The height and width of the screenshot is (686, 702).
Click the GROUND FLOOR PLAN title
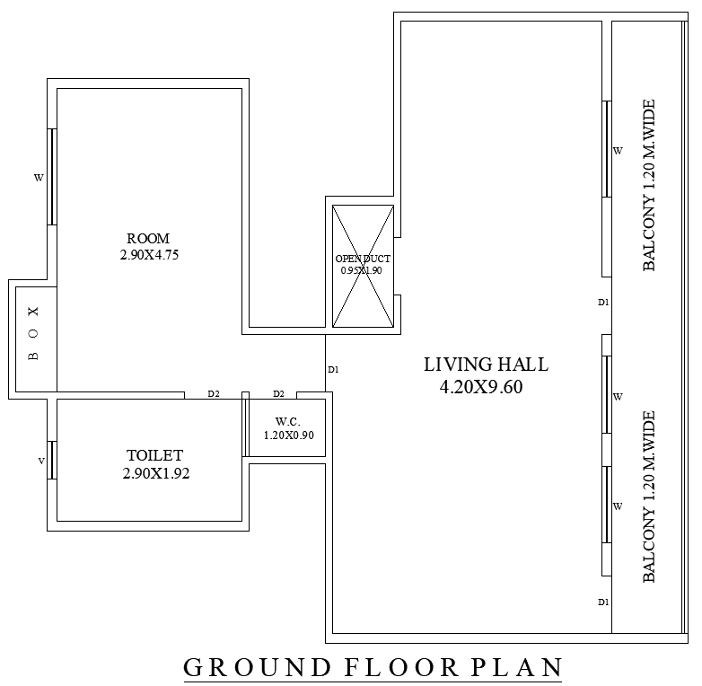click(x=373, y=668)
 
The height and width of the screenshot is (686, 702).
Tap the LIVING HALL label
click(x=486, y=365)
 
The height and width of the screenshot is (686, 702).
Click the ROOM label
click(x=148, y=239)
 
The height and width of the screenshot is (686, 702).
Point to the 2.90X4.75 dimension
click(x=148, y=255)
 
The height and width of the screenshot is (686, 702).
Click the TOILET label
click(x=154, y=456)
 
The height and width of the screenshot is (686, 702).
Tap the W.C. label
click(x=287, y=420)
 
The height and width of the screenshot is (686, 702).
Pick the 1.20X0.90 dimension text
click(x=288, y=435)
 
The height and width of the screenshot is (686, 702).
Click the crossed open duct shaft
click(x=363, y=266)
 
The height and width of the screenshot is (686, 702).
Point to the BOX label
click(x=34, y=333)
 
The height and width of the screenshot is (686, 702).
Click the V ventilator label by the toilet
click(x=40, y=461)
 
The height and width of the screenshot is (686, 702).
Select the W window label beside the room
click(x=39, y=178)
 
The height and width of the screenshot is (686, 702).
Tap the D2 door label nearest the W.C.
click(x=278, y=393)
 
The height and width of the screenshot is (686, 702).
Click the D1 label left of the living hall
click(x=333, y=369)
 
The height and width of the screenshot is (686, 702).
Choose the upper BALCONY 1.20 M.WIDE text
click(x=649, y=185)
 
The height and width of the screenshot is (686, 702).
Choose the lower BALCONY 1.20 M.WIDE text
click(x=649, y=497)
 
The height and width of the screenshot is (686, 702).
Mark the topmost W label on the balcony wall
click(x=618, y=151)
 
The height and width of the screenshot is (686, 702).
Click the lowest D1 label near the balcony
click(x=604, y=602)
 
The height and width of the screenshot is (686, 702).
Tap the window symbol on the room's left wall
click(x=52, y=177)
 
